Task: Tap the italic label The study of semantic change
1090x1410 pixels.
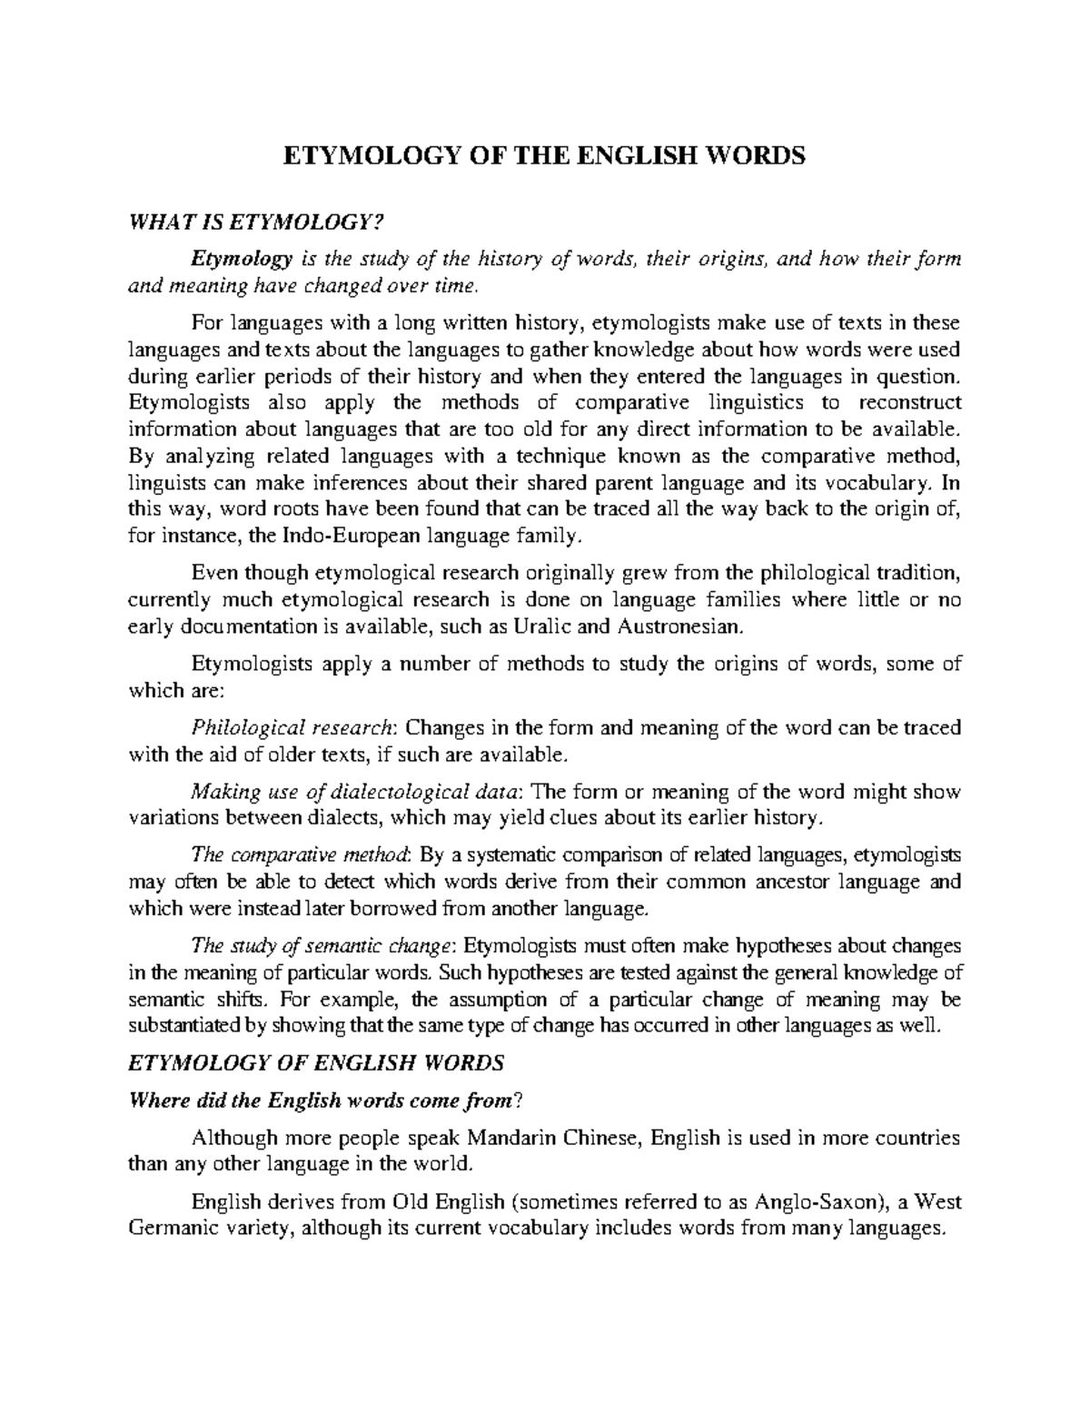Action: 322,946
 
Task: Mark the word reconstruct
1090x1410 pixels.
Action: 911,402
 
